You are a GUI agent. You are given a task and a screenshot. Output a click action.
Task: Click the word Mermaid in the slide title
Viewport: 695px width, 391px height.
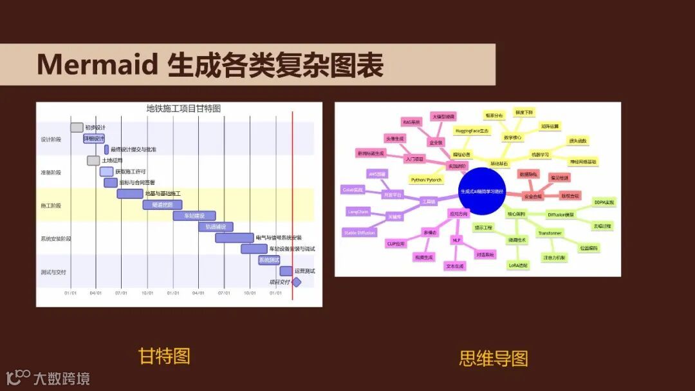tap(97, 65)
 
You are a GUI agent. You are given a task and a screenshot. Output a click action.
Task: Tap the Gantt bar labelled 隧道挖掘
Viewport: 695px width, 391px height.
tap(162, 205)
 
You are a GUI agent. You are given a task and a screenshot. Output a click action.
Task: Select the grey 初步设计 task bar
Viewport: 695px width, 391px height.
tap(77, 128)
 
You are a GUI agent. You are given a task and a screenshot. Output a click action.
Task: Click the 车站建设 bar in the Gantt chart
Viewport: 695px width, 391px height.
tap(194, 216)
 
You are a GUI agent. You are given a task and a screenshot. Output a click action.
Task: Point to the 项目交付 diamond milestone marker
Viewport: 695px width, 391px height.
tap(297, 282)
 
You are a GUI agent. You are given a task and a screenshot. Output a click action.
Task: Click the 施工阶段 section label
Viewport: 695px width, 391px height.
tap(51, 205)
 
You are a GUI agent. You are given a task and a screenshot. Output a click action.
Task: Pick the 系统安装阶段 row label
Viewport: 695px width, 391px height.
tap(56, 239)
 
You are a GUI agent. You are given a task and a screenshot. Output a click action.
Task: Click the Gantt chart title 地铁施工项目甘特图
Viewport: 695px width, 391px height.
tap(183, 109)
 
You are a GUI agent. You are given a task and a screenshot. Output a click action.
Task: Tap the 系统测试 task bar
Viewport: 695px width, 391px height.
tap(269, 260)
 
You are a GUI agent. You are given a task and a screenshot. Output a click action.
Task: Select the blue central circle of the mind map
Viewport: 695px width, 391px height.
tap(482, 191)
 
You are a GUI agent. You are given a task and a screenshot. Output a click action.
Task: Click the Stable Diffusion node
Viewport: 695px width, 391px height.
tap(359, 233)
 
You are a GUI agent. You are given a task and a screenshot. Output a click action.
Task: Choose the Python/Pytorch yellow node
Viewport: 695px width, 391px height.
tap(425, 180)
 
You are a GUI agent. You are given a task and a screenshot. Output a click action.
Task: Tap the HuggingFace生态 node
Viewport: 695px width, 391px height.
tap(472, 131)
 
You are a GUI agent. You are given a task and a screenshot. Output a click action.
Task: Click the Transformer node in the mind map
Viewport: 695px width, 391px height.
tap(550, 233)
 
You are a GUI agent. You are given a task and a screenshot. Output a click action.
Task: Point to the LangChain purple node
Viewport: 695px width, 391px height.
tap(358, 211)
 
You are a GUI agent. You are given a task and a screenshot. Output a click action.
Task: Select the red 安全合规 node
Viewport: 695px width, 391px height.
tap(532, 196)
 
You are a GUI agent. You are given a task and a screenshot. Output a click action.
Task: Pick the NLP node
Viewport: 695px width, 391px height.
tap(456, 240)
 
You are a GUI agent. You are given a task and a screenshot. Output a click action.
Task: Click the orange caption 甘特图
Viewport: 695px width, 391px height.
tap(164, 356)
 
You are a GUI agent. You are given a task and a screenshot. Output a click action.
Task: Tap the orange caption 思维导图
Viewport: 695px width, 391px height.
tap(494, 358)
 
